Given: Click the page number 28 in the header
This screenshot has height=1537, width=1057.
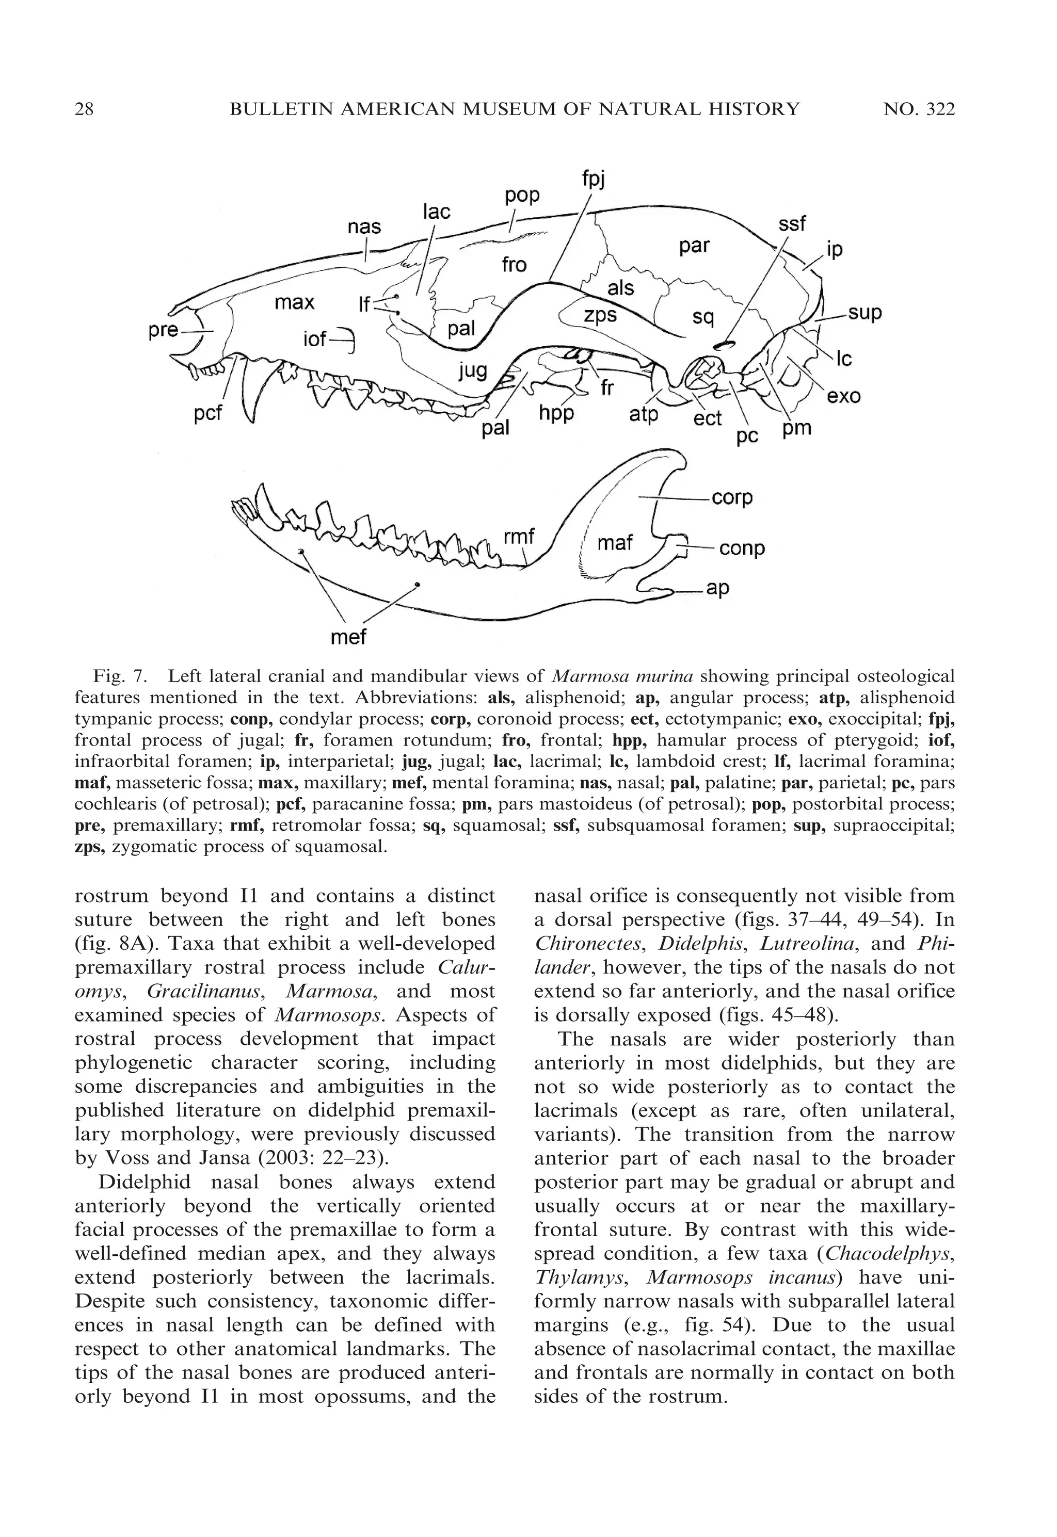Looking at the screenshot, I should [x=84, y=109].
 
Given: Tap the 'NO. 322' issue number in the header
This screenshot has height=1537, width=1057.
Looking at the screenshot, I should [x=919, y=109].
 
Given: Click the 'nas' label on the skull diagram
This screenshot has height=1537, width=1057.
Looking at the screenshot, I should [x=364, y=227].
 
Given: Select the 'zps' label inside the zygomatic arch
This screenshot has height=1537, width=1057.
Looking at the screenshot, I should [x=600, y=316].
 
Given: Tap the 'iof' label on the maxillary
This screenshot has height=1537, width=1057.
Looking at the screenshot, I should [x=315, y=339].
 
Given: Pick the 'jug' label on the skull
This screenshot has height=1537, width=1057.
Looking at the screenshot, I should [x=473, y=370].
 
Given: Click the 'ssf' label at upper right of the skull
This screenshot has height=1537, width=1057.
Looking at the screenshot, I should [x=792, y=224].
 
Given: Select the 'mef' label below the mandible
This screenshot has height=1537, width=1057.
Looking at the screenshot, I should [x=348, y=637].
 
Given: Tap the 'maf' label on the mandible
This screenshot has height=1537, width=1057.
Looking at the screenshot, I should [x=615, y=543].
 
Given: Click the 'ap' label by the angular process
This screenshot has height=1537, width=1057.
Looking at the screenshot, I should [x=718, y=588].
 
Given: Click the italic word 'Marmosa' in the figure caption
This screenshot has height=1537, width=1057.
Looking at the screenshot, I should [x=584, y=676].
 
